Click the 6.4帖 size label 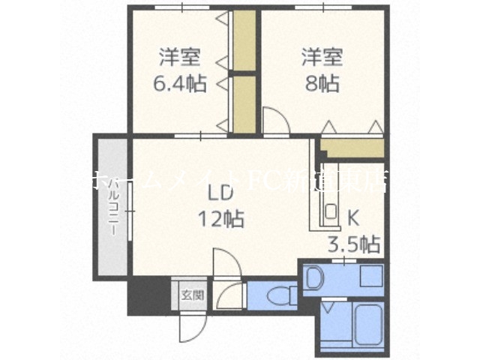(x=178, y=82)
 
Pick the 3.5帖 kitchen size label (x=353, y=244)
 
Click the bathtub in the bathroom (x=368, y=323)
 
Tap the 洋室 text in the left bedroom (x=178, y=57)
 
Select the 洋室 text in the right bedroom (x=322, y=55)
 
